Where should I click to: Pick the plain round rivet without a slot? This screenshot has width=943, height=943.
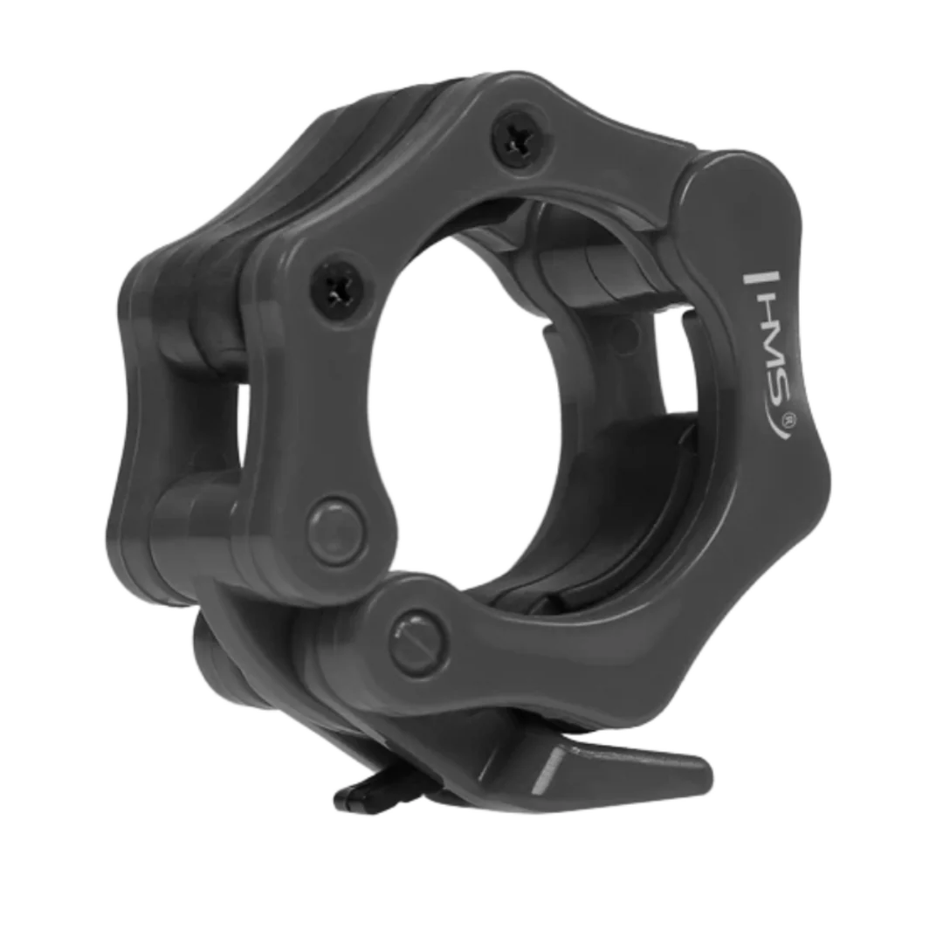(x=337, y=529)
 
